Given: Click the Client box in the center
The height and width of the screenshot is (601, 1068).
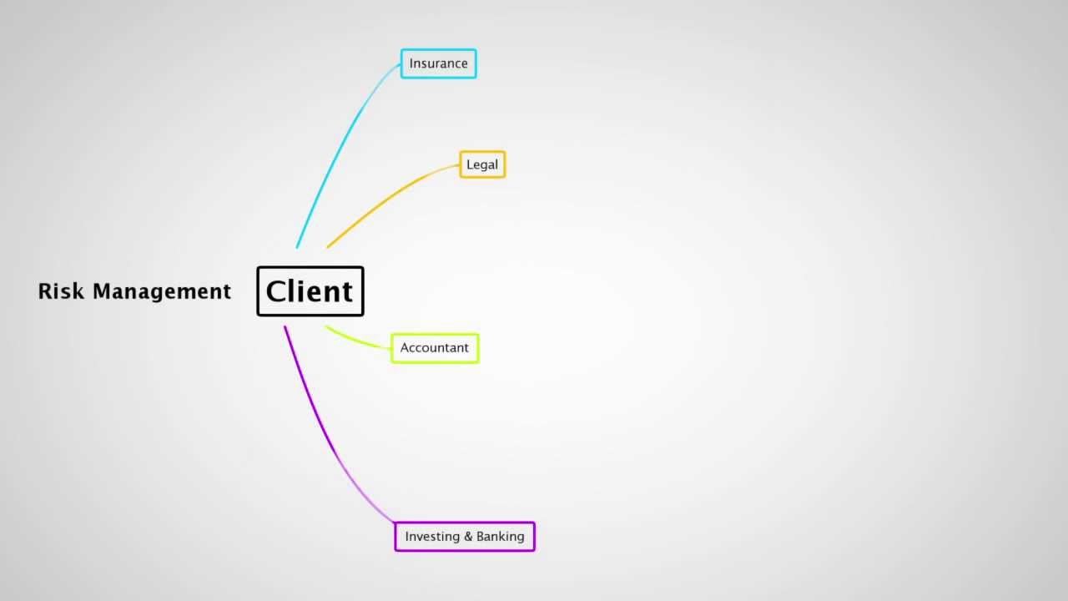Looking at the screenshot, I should [310, 291].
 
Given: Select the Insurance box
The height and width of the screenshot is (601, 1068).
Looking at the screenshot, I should [439, 63].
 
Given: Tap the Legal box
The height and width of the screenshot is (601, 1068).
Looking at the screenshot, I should [482, 164].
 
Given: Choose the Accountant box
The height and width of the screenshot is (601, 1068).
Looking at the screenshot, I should [435, 348].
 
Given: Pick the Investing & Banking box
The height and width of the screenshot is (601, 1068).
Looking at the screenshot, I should [465, 537].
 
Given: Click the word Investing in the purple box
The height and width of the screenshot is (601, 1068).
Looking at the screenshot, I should [431, 537].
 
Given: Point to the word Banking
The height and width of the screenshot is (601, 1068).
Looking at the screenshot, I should [501, 537].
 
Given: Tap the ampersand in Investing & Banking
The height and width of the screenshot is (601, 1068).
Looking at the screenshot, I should [467, 537].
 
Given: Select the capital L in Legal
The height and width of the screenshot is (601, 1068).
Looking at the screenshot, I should [470, 164].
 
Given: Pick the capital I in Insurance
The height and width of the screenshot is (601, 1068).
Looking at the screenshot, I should [411, 63].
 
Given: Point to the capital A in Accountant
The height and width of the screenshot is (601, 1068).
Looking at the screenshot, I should [405, 348].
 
